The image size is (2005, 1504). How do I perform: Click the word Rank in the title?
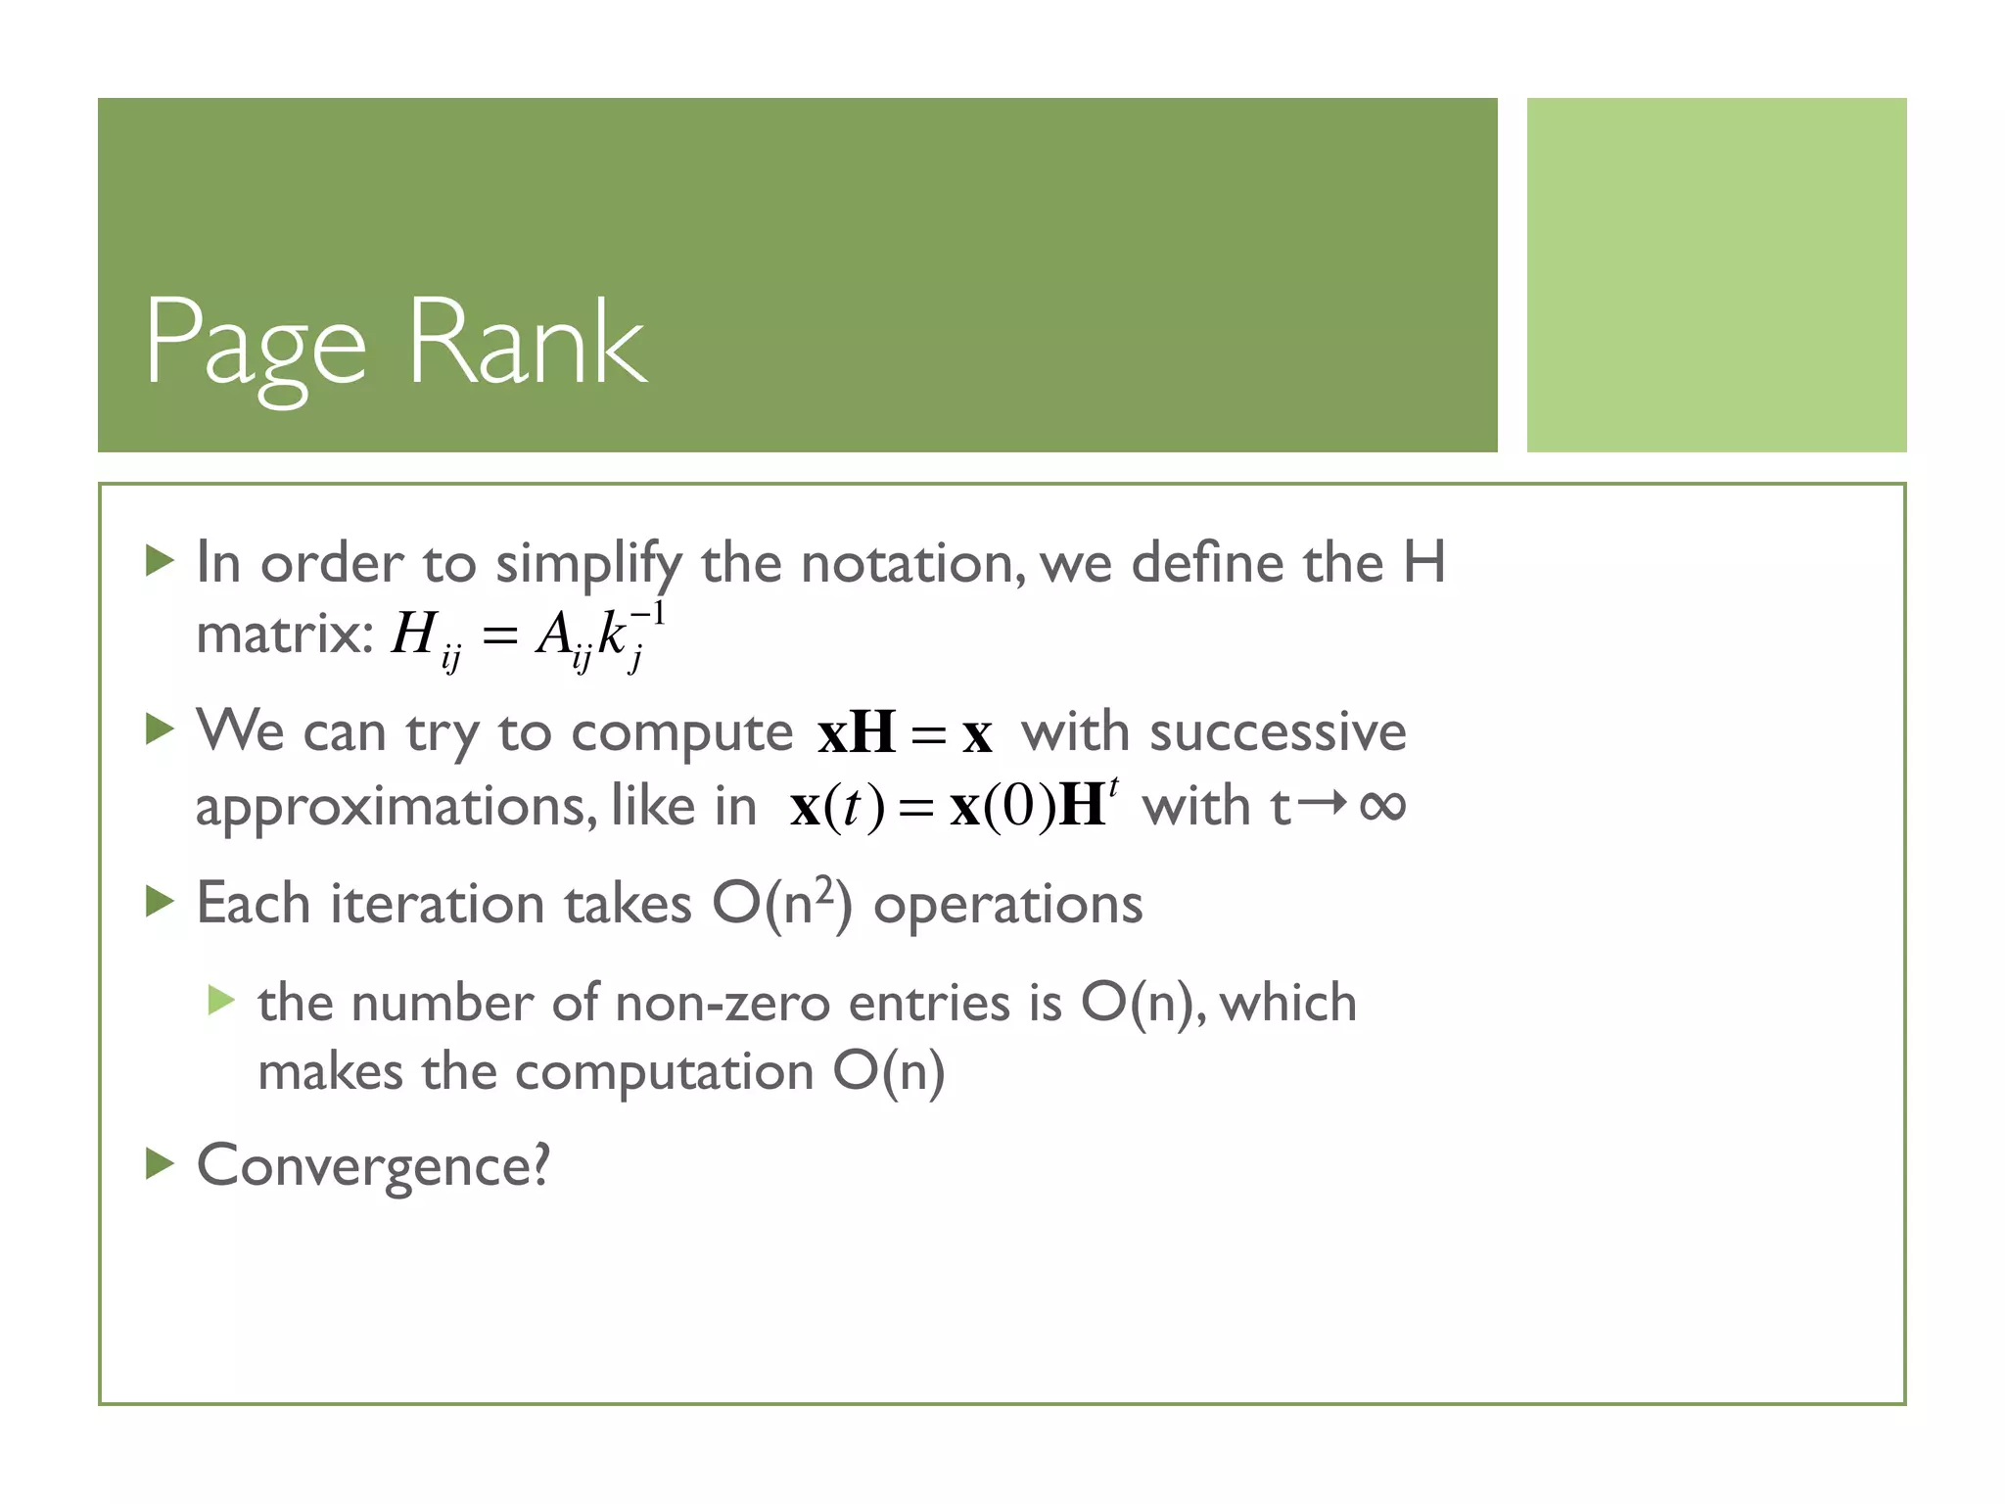coord(528,342)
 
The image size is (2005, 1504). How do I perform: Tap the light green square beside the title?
coord(1716,275)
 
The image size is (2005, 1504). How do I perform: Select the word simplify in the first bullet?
coord(587,565)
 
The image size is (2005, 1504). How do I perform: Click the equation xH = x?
coord(905,733)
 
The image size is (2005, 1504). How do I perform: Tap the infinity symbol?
coord(1382,806)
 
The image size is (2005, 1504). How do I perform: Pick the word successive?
coord(1278,732)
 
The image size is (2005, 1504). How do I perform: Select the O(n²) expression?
coord(782,902)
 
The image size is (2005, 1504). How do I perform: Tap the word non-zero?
coord(723,1003)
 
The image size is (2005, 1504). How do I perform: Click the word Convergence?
coord(373,1166)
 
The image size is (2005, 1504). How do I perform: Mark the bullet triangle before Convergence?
coord(159,1164)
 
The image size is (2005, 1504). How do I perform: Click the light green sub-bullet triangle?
coord(221,1001)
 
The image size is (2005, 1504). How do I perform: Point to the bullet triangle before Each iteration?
coord(159,901)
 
